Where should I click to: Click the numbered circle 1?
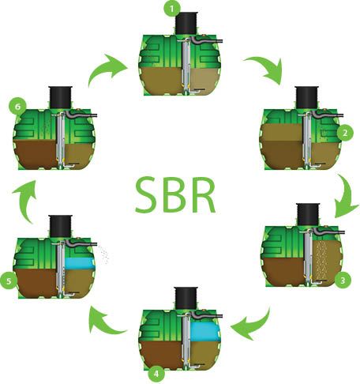click(172, 9)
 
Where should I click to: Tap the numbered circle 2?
click(345, 133)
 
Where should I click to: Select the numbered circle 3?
click(343, 280)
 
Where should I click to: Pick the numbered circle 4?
click(156, 374)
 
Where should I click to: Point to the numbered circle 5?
click(9, 280)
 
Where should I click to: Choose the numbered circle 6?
click(17, 107)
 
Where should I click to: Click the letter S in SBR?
click(147, 194)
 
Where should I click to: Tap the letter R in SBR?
click(204, 194)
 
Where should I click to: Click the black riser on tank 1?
click(186, 23)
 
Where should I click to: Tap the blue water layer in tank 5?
click(80, 263)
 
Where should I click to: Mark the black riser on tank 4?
click(186, 298)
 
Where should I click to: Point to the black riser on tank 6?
click(60, 97)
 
